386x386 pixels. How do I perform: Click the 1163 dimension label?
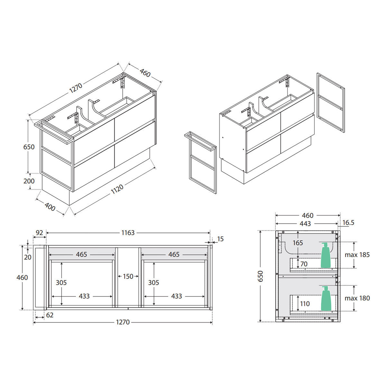click(x=128, y=233)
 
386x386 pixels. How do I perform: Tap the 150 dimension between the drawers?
click(x=128, y=276)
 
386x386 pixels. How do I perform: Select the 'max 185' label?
click(x=357, y=255)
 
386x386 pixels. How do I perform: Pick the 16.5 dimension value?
click(x=348, y=223)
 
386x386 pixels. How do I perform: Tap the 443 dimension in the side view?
click(x=305, y=224)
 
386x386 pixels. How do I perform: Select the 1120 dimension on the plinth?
click(x=117, y=189)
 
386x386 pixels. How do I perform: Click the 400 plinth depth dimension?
click(x=50, y=207)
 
